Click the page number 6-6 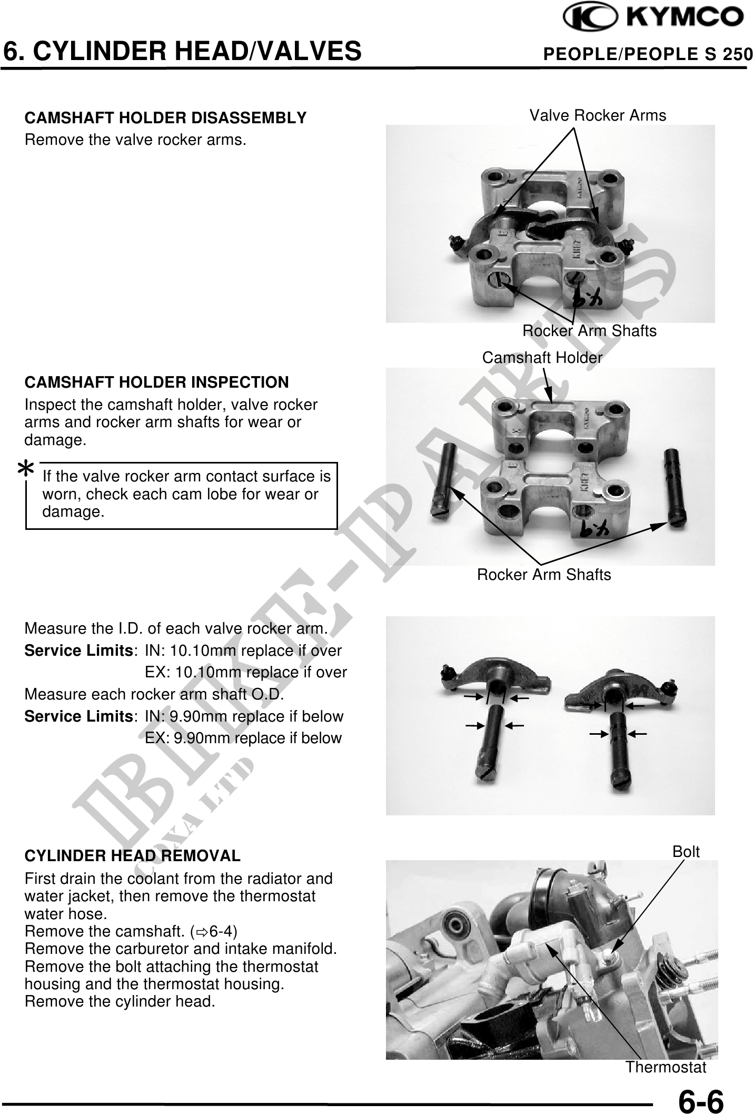click(701, 1100)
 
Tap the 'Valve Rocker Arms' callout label click(598, 115)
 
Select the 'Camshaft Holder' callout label click(542, 358)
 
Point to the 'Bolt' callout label click(686, 851)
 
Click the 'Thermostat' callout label click(666, 1067)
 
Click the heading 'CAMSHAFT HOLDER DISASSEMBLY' click(166, 118)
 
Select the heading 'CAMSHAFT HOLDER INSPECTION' click(157, 382)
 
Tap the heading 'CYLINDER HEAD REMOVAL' click(133, 856)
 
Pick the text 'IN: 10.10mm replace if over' click(243, 650)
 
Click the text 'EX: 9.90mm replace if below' click(243, 738)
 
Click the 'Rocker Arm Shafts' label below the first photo click(589, 331)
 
